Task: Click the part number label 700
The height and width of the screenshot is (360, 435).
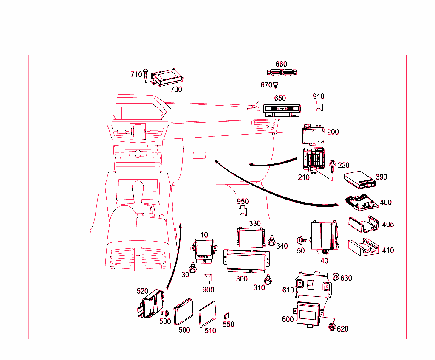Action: [176, 89]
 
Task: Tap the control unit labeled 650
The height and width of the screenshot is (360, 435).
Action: [282, 110]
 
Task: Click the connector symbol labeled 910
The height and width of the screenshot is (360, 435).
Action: [319, 107]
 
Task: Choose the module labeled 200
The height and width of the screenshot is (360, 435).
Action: [313, 135]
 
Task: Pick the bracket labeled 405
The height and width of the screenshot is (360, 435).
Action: [363, 225]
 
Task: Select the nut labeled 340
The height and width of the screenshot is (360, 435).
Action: [271, 241]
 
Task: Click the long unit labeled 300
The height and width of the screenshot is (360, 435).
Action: [246, 261]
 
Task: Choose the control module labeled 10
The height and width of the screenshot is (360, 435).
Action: [204, 248]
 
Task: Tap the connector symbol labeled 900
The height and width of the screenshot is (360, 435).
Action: [208, 278]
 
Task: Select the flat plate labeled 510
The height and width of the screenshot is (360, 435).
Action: [208, 314]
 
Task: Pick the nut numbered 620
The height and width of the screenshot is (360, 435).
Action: [332, 327]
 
